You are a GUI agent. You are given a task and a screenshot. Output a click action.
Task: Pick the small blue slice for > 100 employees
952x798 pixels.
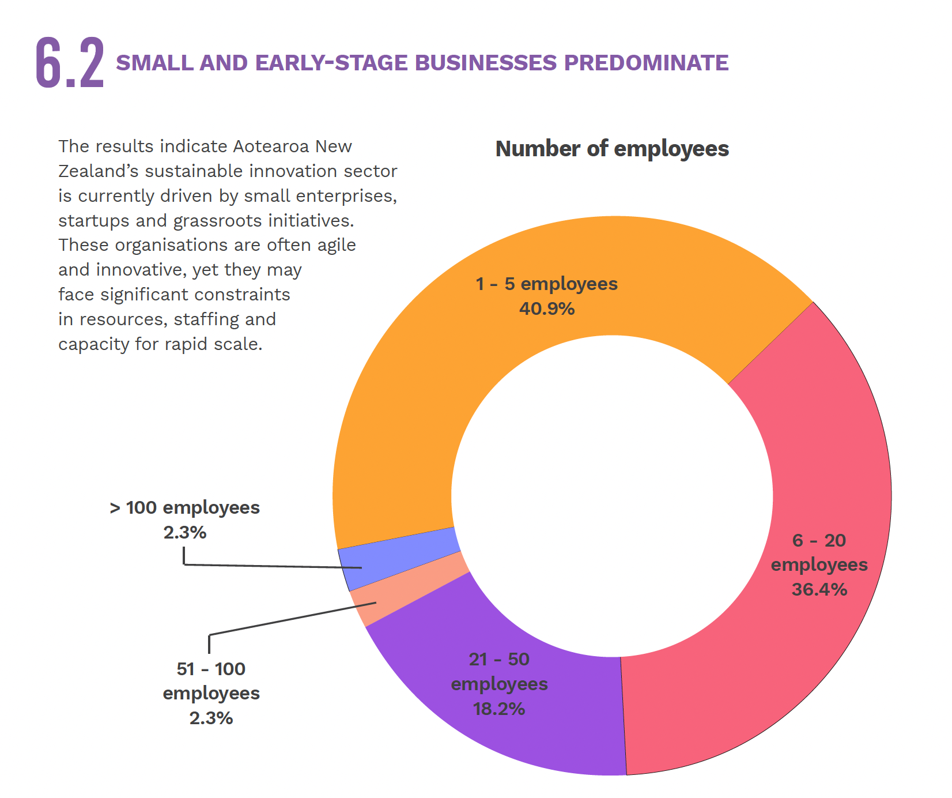pos(403,551)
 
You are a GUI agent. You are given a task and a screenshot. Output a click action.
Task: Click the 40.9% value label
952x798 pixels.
pos(546,309)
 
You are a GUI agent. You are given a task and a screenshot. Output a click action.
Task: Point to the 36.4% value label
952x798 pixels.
pos(819,589)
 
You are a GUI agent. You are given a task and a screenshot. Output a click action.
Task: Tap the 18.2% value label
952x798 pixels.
pos(499,709)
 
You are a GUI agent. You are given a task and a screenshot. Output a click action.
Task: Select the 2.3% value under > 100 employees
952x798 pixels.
pos(184,532)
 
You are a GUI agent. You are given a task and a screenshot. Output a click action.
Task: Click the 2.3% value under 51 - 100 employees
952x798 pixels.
pos(211,718)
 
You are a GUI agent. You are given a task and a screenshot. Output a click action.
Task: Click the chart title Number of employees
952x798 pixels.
pos(612,149)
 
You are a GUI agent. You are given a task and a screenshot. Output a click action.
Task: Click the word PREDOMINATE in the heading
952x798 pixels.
pos(646,63)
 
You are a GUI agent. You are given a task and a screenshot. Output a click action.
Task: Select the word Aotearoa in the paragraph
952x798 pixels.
pos(271,146)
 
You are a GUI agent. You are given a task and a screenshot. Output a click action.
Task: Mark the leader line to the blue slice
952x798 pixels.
pos(271,566)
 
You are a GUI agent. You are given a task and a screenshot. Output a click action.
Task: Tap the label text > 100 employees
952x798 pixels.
pos(184,508)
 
